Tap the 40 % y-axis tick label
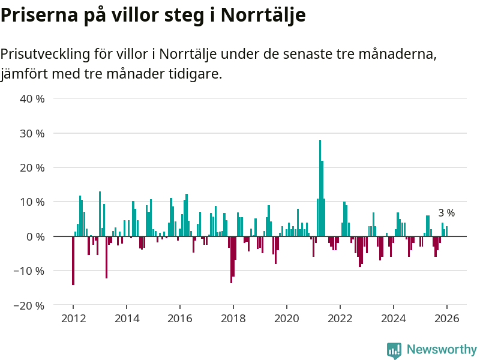click(32, 98)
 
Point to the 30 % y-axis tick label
click(32, 133)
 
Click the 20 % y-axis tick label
click(32, 167)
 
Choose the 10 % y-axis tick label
click(32, 202)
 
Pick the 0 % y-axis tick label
click(35, 236)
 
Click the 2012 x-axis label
click(73, 318)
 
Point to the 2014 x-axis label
click(127, 318)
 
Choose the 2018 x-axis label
click(233, 318)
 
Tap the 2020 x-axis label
click(287, 318)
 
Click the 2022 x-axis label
click(340, 318)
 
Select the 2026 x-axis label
click(447, 318)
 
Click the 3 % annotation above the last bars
click(446, 213)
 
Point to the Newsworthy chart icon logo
click(394, 350)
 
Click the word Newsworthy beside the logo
click(442, 350)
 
